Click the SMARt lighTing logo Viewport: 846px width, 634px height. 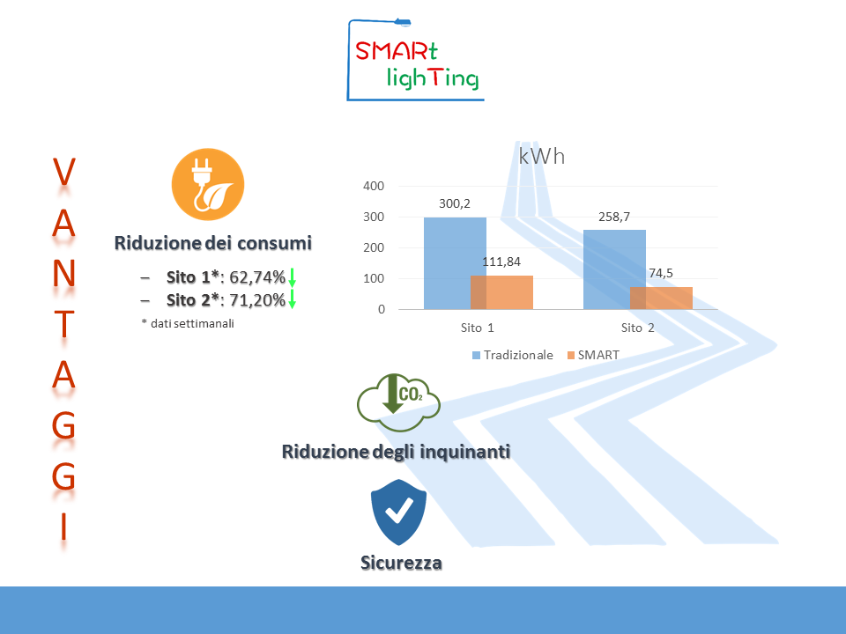415,60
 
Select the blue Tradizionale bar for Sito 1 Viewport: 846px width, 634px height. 455,263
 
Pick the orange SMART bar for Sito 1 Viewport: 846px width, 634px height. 501,292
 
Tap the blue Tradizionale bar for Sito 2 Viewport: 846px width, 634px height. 614,269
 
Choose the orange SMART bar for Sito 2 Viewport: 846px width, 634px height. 662,299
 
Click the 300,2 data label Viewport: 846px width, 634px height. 455,203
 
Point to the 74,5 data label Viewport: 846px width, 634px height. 661,273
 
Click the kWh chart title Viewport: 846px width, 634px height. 542,157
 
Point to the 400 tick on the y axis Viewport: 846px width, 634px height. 374,186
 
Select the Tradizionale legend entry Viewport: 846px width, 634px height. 513,355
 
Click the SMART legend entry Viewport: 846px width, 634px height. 593,355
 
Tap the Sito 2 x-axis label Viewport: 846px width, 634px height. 637,328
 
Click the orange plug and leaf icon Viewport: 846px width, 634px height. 208,184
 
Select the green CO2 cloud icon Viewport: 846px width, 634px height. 398,402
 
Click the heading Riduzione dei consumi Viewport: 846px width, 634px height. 213,243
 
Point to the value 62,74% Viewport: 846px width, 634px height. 257,277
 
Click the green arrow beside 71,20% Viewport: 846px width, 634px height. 292,299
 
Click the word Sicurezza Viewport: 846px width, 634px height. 402,563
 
